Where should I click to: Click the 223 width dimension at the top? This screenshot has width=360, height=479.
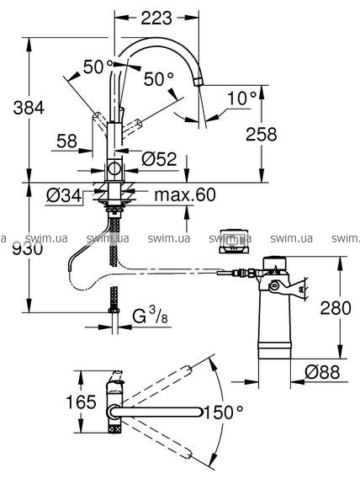click(156, 18)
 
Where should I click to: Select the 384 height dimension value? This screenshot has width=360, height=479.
click(29, 108)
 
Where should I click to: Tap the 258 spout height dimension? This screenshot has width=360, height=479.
click(262, 134)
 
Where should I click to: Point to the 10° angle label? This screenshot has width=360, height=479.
click(242, 98)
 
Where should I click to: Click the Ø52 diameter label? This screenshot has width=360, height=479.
click(159, 159)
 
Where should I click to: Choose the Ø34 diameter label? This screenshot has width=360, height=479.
click(64, 195)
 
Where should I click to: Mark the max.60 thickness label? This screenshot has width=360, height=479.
click(185, 194)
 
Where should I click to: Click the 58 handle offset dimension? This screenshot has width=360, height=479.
click(67, 141)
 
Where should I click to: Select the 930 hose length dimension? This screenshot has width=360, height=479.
click(28, 249)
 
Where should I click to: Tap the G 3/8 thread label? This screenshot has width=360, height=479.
click(151, 315)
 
